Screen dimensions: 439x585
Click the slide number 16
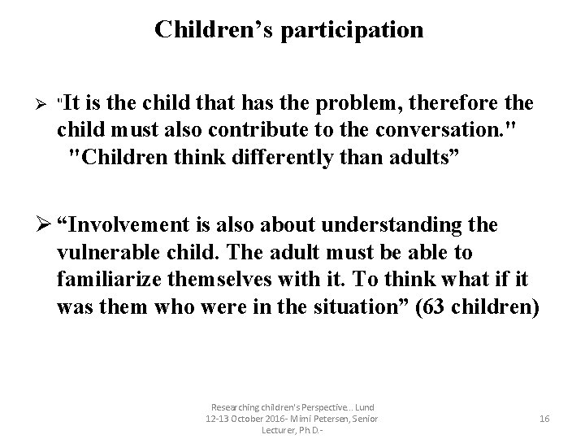[x=544, y=419]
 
